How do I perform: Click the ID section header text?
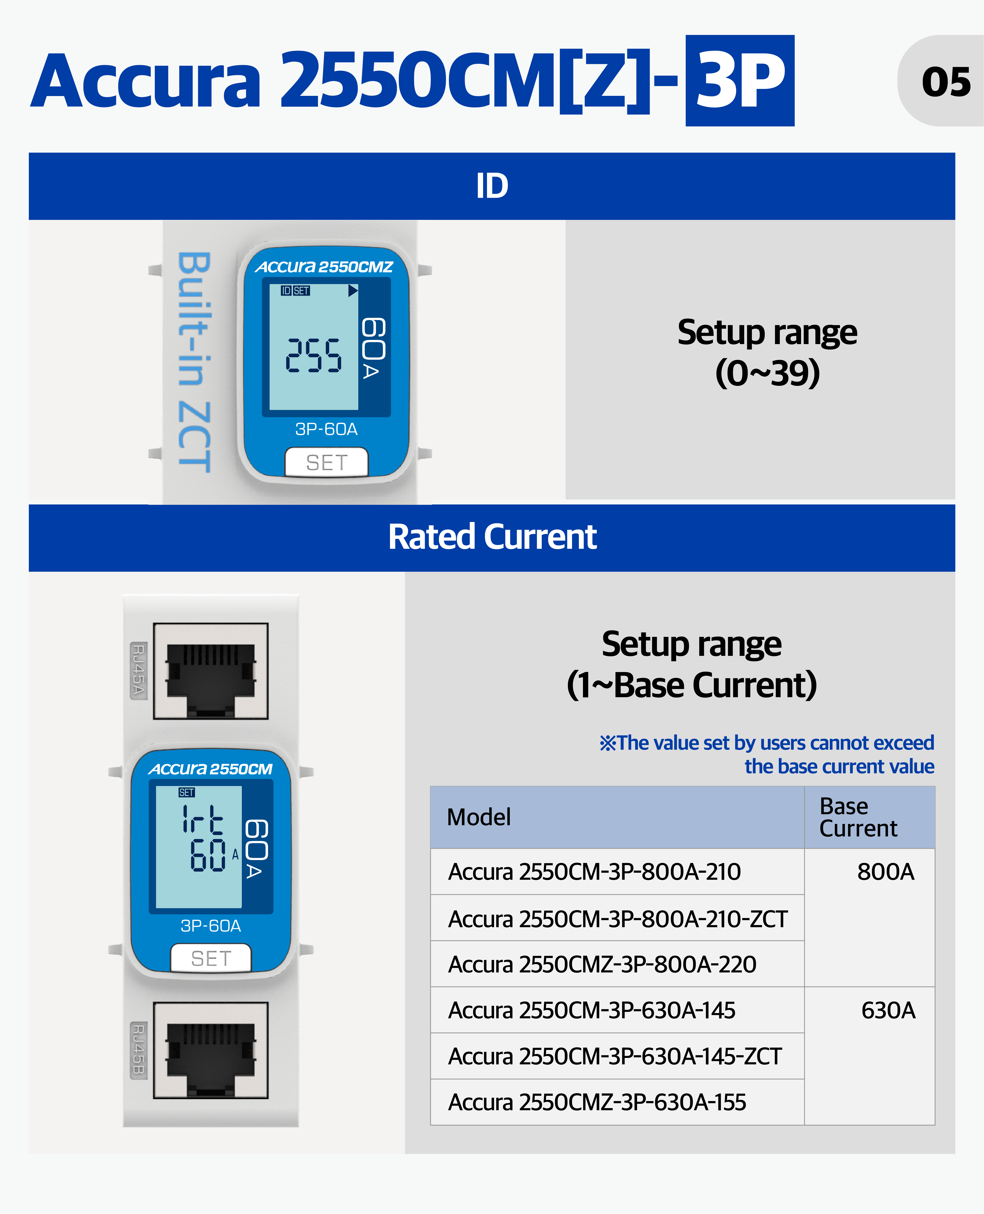(492, 186)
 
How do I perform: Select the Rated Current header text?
(492, 537)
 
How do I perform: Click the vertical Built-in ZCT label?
(194, 362)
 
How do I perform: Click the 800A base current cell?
(885, 872)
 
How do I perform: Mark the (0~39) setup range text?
(768, 373)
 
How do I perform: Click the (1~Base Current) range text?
(692, 685)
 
